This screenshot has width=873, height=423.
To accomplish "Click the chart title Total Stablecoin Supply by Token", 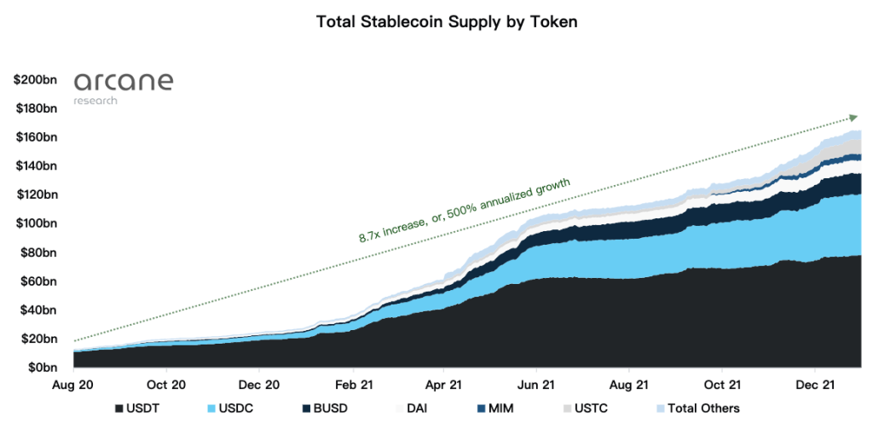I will [x=436, y=22].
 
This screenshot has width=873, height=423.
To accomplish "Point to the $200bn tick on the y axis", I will [x=35, y=80].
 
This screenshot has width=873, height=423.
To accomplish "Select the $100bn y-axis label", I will [x=35, y=223].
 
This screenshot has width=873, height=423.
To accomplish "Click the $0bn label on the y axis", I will [x=40, y=368].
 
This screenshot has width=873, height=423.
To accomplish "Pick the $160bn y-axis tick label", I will [x=35, y=137].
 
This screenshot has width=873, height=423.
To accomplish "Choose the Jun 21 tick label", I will [x=535, y=385].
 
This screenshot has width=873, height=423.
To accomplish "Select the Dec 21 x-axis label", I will [x=813, y=385].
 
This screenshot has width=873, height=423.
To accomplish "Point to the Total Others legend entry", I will [x=696, y=409].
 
